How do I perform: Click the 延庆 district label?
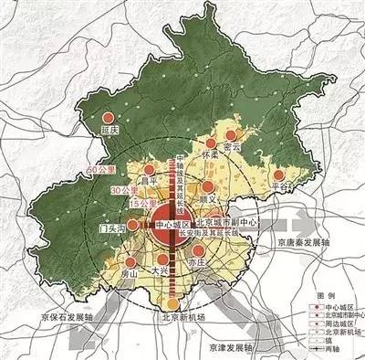tap(111, 132)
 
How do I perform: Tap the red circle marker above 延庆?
tap(111, 118)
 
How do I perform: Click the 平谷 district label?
tap(284, 185)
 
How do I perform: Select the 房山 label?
tap(128, 272)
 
